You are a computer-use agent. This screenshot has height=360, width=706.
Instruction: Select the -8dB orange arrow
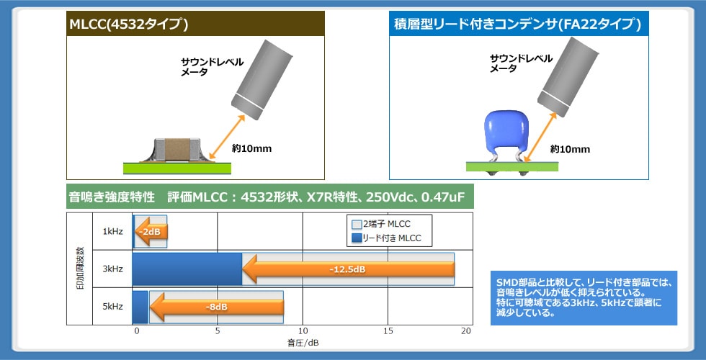[x=216, y=307]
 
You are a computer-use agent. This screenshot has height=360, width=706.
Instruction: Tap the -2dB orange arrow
[x=151, y=232]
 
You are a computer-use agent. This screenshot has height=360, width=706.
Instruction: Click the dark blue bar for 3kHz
[x=187, y=269]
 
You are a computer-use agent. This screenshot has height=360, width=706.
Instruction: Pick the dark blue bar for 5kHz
[x=140, y=307]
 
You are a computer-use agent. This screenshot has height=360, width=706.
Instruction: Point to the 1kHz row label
[x=112, y=232]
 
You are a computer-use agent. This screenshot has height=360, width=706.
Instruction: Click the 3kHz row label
[x=112, y=269]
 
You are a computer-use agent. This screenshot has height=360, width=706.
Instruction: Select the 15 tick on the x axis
[x=388, y=330]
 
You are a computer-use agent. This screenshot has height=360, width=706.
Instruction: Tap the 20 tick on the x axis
[x=466, y=330]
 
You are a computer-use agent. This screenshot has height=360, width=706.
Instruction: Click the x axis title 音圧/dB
[x=302, y=343]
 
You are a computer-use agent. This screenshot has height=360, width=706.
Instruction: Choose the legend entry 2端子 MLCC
[x=386, y=225]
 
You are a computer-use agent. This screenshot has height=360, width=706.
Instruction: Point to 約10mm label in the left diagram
[x=251, y=149]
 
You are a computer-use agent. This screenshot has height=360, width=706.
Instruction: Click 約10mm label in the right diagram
[x=570, y=149]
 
